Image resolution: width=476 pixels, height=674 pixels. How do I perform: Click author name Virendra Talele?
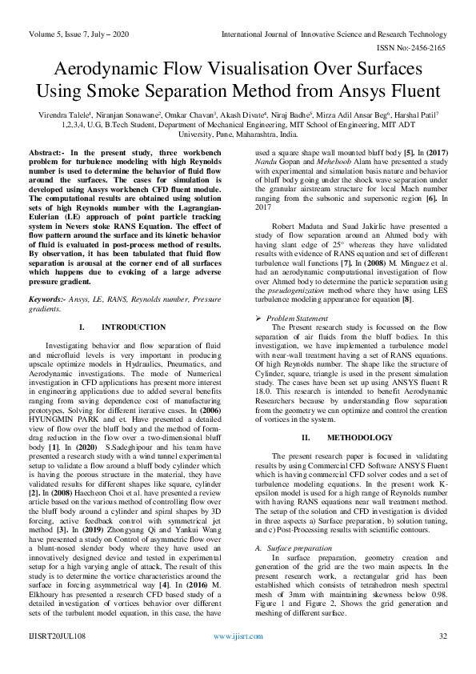click(65, 116)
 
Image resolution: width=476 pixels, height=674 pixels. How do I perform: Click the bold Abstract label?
click(46, 151)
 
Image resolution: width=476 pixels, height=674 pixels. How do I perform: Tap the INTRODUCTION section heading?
click(134, 327)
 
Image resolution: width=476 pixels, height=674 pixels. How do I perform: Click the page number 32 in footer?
click(442, 658)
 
